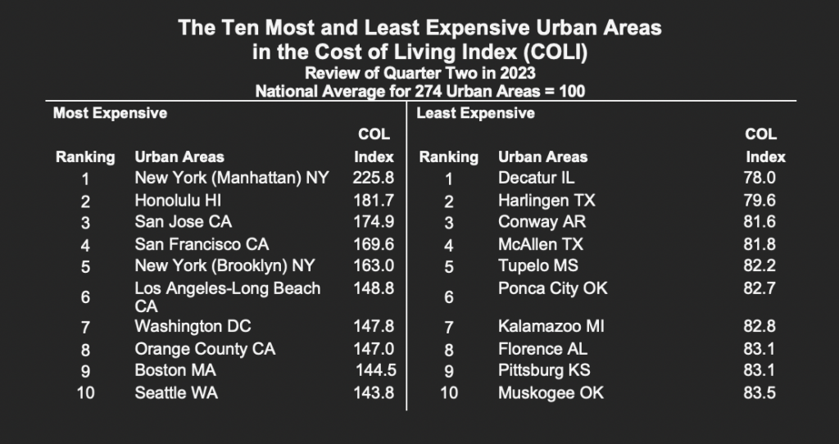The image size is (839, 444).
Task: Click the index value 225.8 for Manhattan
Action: click(x=373, y=177)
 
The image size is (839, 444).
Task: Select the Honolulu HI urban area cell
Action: click(x=178, y=199)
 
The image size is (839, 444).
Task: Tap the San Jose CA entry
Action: click(x=183, y=221)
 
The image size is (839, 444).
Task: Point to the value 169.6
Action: click(x=373, y=243)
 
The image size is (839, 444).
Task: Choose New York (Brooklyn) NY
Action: click(x=224, y=265)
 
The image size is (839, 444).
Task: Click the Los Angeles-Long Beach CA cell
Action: click(x=227, y=297)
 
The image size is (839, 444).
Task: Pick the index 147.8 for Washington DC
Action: click(x=373, y=326)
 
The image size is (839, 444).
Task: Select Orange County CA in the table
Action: click(x=205, y=349)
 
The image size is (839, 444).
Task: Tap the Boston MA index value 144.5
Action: click(x=374, y=370)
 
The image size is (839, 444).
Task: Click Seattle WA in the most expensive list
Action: click(x=176, y=392)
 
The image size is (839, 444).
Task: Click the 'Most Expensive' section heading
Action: click(x=110, y=113)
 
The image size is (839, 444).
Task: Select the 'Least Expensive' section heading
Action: click(x=475, y=113)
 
